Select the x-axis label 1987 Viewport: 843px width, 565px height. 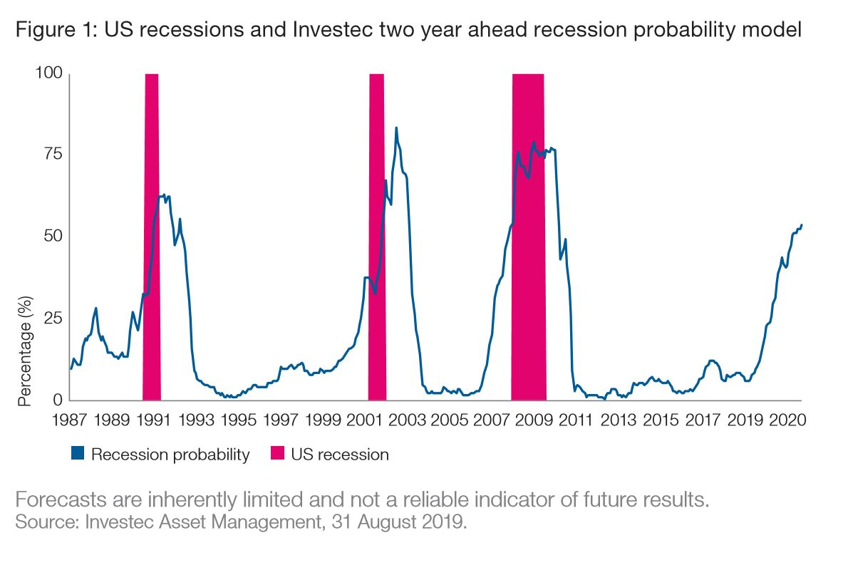tap(70, 420)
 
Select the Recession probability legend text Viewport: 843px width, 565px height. tap(170, 455)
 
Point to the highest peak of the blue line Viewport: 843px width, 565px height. tap(396, 128)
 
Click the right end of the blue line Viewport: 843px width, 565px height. tap(802, 225)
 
